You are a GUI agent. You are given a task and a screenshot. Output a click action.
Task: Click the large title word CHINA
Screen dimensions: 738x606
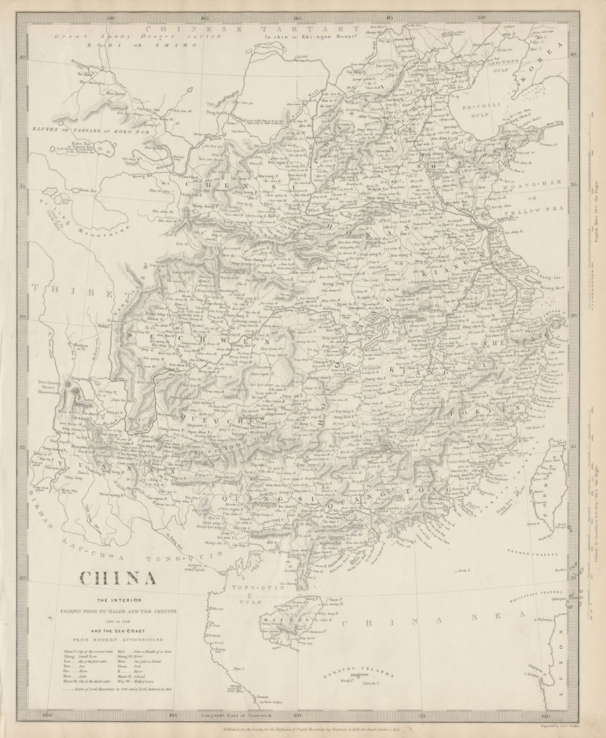pos(118,578)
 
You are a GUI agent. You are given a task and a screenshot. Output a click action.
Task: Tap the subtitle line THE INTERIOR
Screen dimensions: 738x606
pos(118,599)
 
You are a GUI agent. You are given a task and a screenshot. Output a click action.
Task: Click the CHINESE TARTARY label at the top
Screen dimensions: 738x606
pos(253,29)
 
